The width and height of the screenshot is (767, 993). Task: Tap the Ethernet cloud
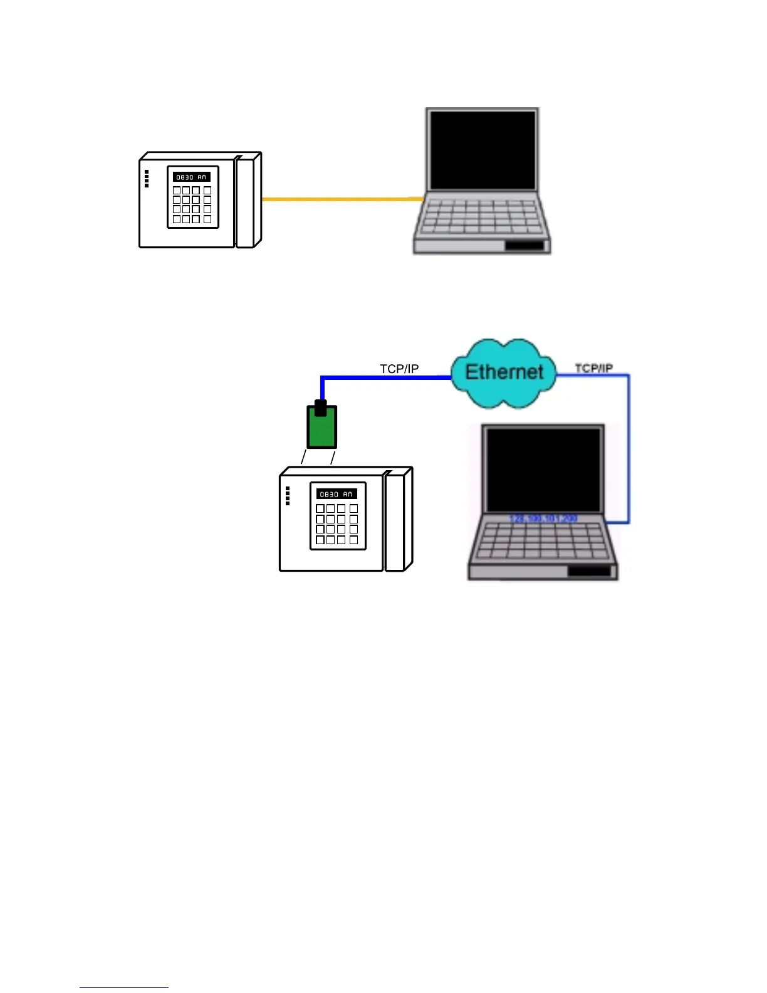(x=504, y=372)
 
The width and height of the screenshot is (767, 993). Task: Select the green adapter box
(x=322, y=429)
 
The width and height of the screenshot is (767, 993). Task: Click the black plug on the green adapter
(x=320, y=408)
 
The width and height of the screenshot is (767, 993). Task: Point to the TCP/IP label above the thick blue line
(x=399, y=369)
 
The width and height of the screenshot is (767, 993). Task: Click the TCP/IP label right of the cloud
(x=593, y=368)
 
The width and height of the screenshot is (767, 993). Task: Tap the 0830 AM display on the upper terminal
(x=191, y=177)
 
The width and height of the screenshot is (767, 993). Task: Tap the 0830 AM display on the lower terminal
(x=337, y=494)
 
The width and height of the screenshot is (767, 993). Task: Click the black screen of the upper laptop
(x=481, y=150)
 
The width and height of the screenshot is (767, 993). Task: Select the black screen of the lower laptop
(x=543, y=470)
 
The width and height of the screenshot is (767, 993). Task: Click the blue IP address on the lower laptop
(x=543, y=518)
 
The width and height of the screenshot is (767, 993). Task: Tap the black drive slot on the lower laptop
(x=589, y=571)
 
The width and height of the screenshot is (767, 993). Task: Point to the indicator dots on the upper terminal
(x=147, y=179)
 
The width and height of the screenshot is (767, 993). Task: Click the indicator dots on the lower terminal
(x=288, y=496)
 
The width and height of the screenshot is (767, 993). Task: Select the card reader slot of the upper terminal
(x=245, y=202)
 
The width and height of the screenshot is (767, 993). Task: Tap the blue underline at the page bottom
(x=124, y=987)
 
